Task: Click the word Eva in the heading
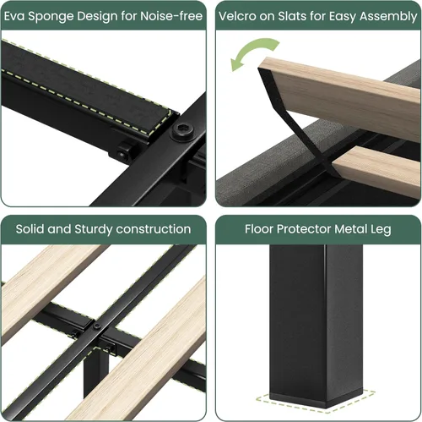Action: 14,16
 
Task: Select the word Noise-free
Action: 171,16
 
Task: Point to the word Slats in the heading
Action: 292,16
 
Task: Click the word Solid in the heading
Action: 30,229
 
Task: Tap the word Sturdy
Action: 94,230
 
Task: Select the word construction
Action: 154,229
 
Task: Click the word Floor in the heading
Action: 259,229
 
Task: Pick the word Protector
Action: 304,229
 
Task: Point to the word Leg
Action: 381,230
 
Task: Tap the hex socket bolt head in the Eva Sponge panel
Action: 183,131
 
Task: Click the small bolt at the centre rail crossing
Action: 97,326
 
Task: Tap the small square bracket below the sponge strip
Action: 124,151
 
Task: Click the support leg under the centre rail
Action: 95,372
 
